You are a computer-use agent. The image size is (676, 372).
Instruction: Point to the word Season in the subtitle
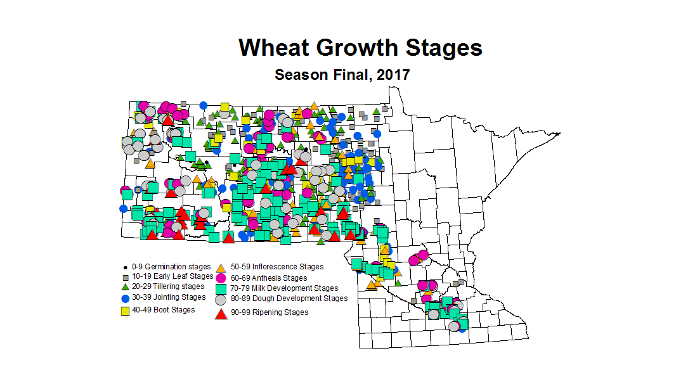301,74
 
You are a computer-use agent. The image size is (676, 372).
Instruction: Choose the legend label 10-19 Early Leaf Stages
172,276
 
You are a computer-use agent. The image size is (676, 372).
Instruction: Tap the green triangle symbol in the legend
126,287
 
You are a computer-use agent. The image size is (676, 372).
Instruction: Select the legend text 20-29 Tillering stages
168,286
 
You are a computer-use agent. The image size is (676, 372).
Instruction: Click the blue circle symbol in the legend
126,298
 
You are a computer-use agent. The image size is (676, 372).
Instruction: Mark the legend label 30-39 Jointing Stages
169,297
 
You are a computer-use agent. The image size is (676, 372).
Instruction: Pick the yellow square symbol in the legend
126,311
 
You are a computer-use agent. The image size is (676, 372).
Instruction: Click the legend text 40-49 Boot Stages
163,310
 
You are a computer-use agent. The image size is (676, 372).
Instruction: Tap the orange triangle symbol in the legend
221,267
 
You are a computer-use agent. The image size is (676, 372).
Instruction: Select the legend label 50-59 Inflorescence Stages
277,267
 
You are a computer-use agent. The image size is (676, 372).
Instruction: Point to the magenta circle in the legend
221,278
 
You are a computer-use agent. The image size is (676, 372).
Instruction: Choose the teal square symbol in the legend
221,288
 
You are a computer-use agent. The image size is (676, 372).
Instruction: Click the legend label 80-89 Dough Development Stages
289,298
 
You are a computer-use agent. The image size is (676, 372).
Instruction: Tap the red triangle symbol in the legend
221,312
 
